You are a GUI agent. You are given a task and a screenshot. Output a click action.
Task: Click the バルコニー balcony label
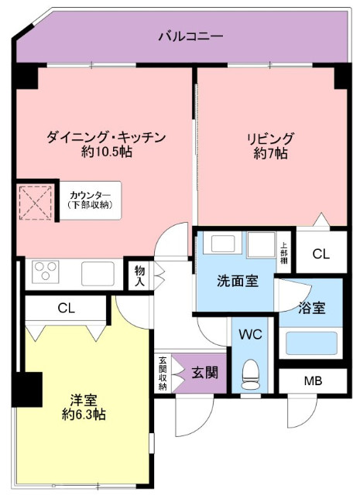(x=190, y=36)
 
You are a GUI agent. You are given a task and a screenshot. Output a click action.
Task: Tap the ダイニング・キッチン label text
(x=106, y=138)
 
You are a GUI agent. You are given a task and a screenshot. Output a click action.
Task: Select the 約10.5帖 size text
(x=107, y=152)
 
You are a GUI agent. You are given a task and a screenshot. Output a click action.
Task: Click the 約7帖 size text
(x=270, y=153)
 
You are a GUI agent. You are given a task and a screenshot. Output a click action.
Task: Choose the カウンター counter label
(x=90, y=195)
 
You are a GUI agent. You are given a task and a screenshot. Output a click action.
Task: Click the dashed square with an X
(x=36, y=203)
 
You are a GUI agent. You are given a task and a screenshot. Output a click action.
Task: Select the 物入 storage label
(x=139, y=276)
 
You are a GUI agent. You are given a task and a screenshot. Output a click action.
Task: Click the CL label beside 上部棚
(x=321, y=254)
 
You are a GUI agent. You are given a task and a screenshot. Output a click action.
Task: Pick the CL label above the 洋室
(x=67, y=308)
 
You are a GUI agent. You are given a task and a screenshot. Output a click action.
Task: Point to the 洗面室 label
(x=238, y=281)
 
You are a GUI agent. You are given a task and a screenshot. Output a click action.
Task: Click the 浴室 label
(x=312, y=308)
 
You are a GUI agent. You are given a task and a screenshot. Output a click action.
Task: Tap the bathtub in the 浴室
(x=311, y=343)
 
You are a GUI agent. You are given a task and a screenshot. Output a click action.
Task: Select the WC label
(x=250, y=334)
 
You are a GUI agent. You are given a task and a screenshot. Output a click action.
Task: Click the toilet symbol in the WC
(x=251, y=374)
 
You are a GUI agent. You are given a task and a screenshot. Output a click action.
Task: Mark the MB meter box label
(x=314, y=381)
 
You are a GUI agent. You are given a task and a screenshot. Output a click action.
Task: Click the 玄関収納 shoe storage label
(x=163, y=374)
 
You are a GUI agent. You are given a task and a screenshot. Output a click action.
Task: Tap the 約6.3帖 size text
(x=84, y=415)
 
